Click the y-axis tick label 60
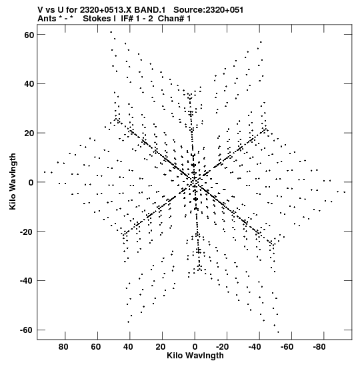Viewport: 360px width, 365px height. (x=29, y=35)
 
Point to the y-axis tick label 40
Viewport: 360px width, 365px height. (x=29, y=84)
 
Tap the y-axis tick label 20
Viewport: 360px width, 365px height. (x=29, y=133)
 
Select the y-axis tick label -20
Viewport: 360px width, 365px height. (x=27, y=232)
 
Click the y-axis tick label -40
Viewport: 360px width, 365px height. (x=27, y=281)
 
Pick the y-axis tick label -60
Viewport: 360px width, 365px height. (x=27, y=330)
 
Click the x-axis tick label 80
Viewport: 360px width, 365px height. (x=63, y=347)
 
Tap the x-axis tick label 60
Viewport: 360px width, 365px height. (x=96, y=347)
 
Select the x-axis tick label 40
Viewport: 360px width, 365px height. (x=128, y=347)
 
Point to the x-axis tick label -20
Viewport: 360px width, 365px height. (x=222, y=347)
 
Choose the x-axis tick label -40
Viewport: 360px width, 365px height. (x=255, y=347)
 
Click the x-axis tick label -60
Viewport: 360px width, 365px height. (x=287, y=347)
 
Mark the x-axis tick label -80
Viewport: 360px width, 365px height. (x=319, y=347)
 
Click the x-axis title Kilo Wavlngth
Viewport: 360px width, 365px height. (x=195, y=356)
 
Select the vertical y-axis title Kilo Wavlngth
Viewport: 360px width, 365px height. (x=13, y=181)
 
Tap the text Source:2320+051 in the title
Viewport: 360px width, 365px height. (x=209, y=10)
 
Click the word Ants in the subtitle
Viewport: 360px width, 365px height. (x=47, y=19)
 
